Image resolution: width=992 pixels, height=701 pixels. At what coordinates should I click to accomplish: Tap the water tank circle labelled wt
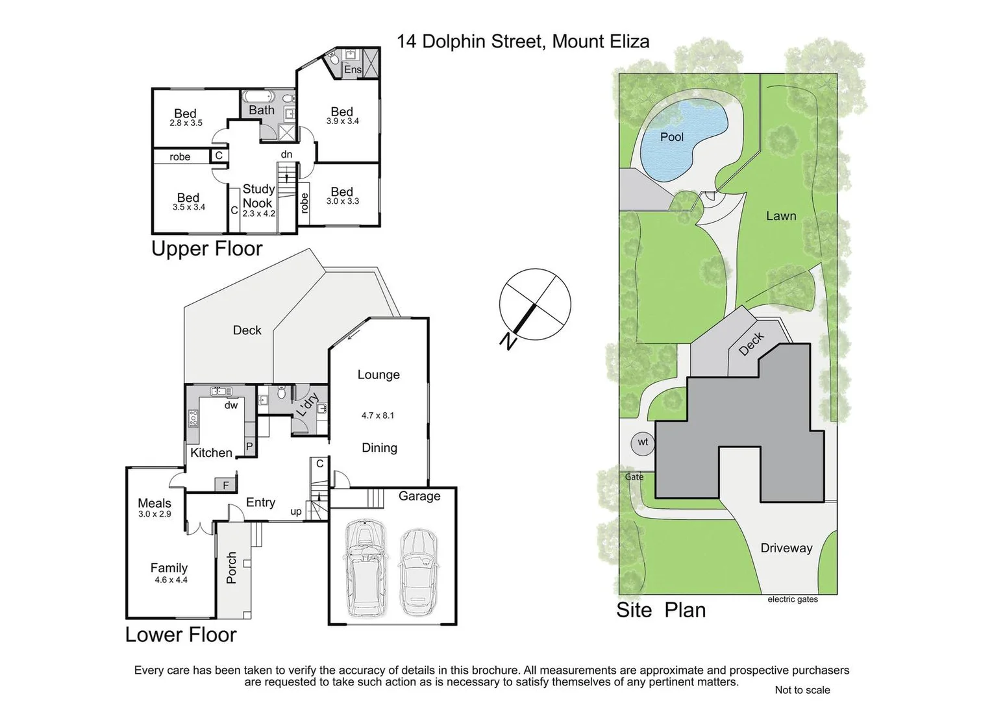(x=643, y=443)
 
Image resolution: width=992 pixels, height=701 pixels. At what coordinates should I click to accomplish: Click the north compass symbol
(x=534, y=304)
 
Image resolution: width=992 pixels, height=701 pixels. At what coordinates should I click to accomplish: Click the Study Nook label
(x=258, y=196)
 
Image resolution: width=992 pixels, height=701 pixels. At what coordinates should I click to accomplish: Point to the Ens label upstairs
(x=353, y=69)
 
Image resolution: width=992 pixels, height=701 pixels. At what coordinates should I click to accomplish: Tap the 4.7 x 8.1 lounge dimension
(x=378, y=415)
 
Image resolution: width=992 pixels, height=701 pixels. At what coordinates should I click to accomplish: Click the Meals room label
(x=155, y=503)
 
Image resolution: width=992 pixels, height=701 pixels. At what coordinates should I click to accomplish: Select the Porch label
(x=232, y=568)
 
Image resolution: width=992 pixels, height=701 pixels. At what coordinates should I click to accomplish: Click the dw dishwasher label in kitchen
(x=231, y=406)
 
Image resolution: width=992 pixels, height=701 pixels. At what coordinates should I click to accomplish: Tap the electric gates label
(x=793, y=600)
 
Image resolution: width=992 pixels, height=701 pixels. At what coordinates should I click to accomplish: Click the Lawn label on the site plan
(x=781, y=216)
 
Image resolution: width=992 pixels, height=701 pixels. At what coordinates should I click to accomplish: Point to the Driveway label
(x=786, y=548)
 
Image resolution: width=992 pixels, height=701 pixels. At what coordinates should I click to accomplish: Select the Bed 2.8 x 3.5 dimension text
(x=186, y=123)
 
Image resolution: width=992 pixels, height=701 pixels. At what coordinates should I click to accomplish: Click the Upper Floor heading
(x=206, y=249)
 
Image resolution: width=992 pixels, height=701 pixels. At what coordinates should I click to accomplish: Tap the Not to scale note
(x=802, y=690)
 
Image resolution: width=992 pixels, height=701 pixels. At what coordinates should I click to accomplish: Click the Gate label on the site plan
(x=634, y=477)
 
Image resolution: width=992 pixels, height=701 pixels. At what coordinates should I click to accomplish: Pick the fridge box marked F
(x=226, y=485)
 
